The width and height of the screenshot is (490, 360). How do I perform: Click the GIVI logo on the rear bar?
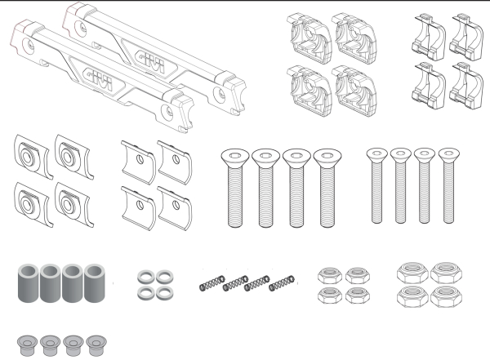150,61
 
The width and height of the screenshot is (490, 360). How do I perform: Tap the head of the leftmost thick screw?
235,155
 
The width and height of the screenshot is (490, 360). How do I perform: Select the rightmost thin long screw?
448,185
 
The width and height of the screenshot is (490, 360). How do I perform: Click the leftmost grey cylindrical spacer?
28,283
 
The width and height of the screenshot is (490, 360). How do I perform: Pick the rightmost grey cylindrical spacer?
95,283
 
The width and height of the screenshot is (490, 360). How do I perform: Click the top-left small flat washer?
145,277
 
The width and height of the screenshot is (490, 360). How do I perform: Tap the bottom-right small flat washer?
165,293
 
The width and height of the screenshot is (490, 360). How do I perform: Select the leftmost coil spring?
212,283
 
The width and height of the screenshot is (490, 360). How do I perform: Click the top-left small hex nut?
330,275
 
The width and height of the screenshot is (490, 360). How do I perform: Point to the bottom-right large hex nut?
446,296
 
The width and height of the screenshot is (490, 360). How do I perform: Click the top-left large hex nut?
412,273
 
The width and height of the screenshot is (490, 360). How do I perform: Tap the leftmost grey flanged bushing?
28,345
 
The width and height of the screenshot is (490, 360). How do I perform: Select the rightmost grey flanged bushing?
96,345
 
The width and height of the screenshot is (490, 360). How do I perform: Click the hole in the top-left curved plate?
140,160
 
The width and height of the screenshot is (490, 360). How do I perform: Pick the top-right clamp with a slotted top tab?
466,37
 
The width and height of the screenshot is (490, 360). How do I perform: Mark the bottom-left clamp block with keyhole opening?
310,91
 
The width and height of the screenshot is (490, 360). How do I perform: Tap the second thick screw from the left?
265,188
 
